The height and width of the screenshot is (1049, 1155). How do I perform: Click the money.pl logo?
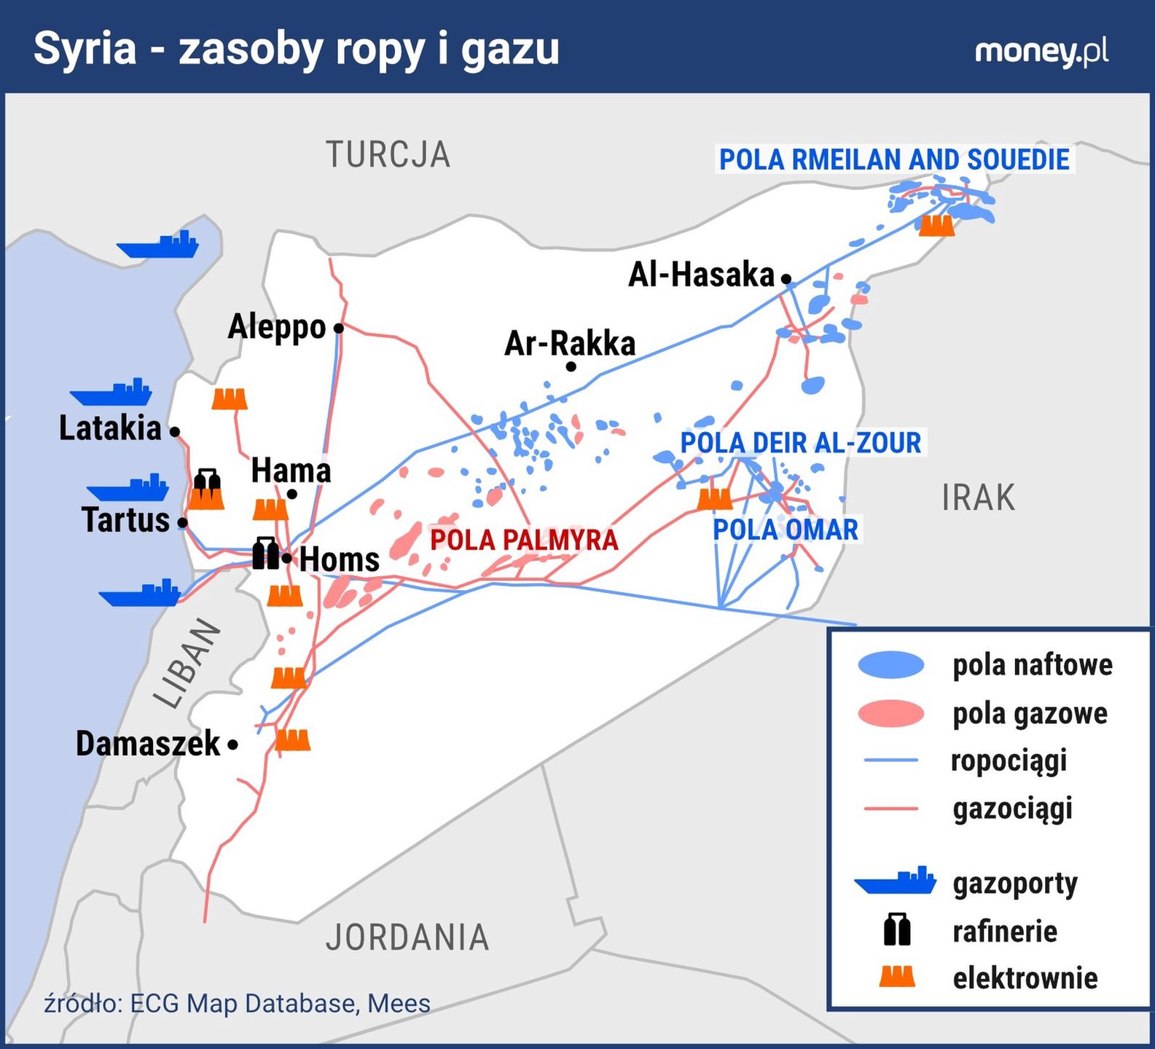(1041, 51)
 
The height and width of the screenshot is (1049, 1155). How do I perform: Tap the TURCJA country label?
(388, 154)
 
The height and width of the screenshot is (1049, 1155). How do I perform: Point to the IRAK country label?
(978, 498)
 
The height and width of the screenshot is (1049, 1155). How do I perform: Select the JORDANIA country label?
(407, 937)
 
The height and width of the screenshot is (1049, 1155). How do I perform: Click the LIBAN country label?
(187, 664)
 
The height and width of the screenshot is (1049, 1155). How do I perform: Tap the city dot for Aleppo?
(339, 329)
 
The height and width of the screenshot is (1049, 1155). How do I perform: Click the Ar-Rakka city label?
(569, 344)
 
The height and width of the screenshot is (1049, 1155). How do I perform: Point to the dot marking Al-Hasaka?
(786, 278)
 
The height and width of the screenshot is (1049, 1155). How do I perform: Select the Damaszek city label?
(148, 744)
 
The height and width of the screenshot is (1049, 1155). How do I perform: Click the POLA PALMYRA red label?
(524, 540)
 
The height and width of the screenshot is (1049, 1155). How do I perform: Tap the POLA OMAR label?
(785, 530)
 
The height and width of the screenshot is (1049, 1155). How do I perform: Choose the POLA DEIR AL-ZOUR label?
(800, 443)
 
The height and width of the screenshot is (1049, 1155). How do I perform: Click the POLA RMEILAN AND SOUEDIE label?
(894, 160)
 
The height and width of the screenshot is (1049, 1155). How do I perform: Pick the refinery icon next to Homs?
(266, 554)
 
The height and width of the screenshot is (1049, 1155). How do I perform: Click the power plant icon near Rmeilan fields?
(936, 225)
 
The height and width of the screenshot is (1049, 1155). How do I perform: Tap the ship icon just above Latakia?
(112, 393)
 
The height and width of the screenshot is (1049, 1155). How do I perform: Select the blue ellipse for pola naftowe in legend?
(890, 664)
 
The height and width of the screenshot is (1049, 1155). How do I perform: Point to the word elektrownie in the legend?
(1025, 978)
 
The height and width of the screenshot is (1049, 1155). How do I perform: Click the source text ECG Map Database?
(243, 1003)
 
